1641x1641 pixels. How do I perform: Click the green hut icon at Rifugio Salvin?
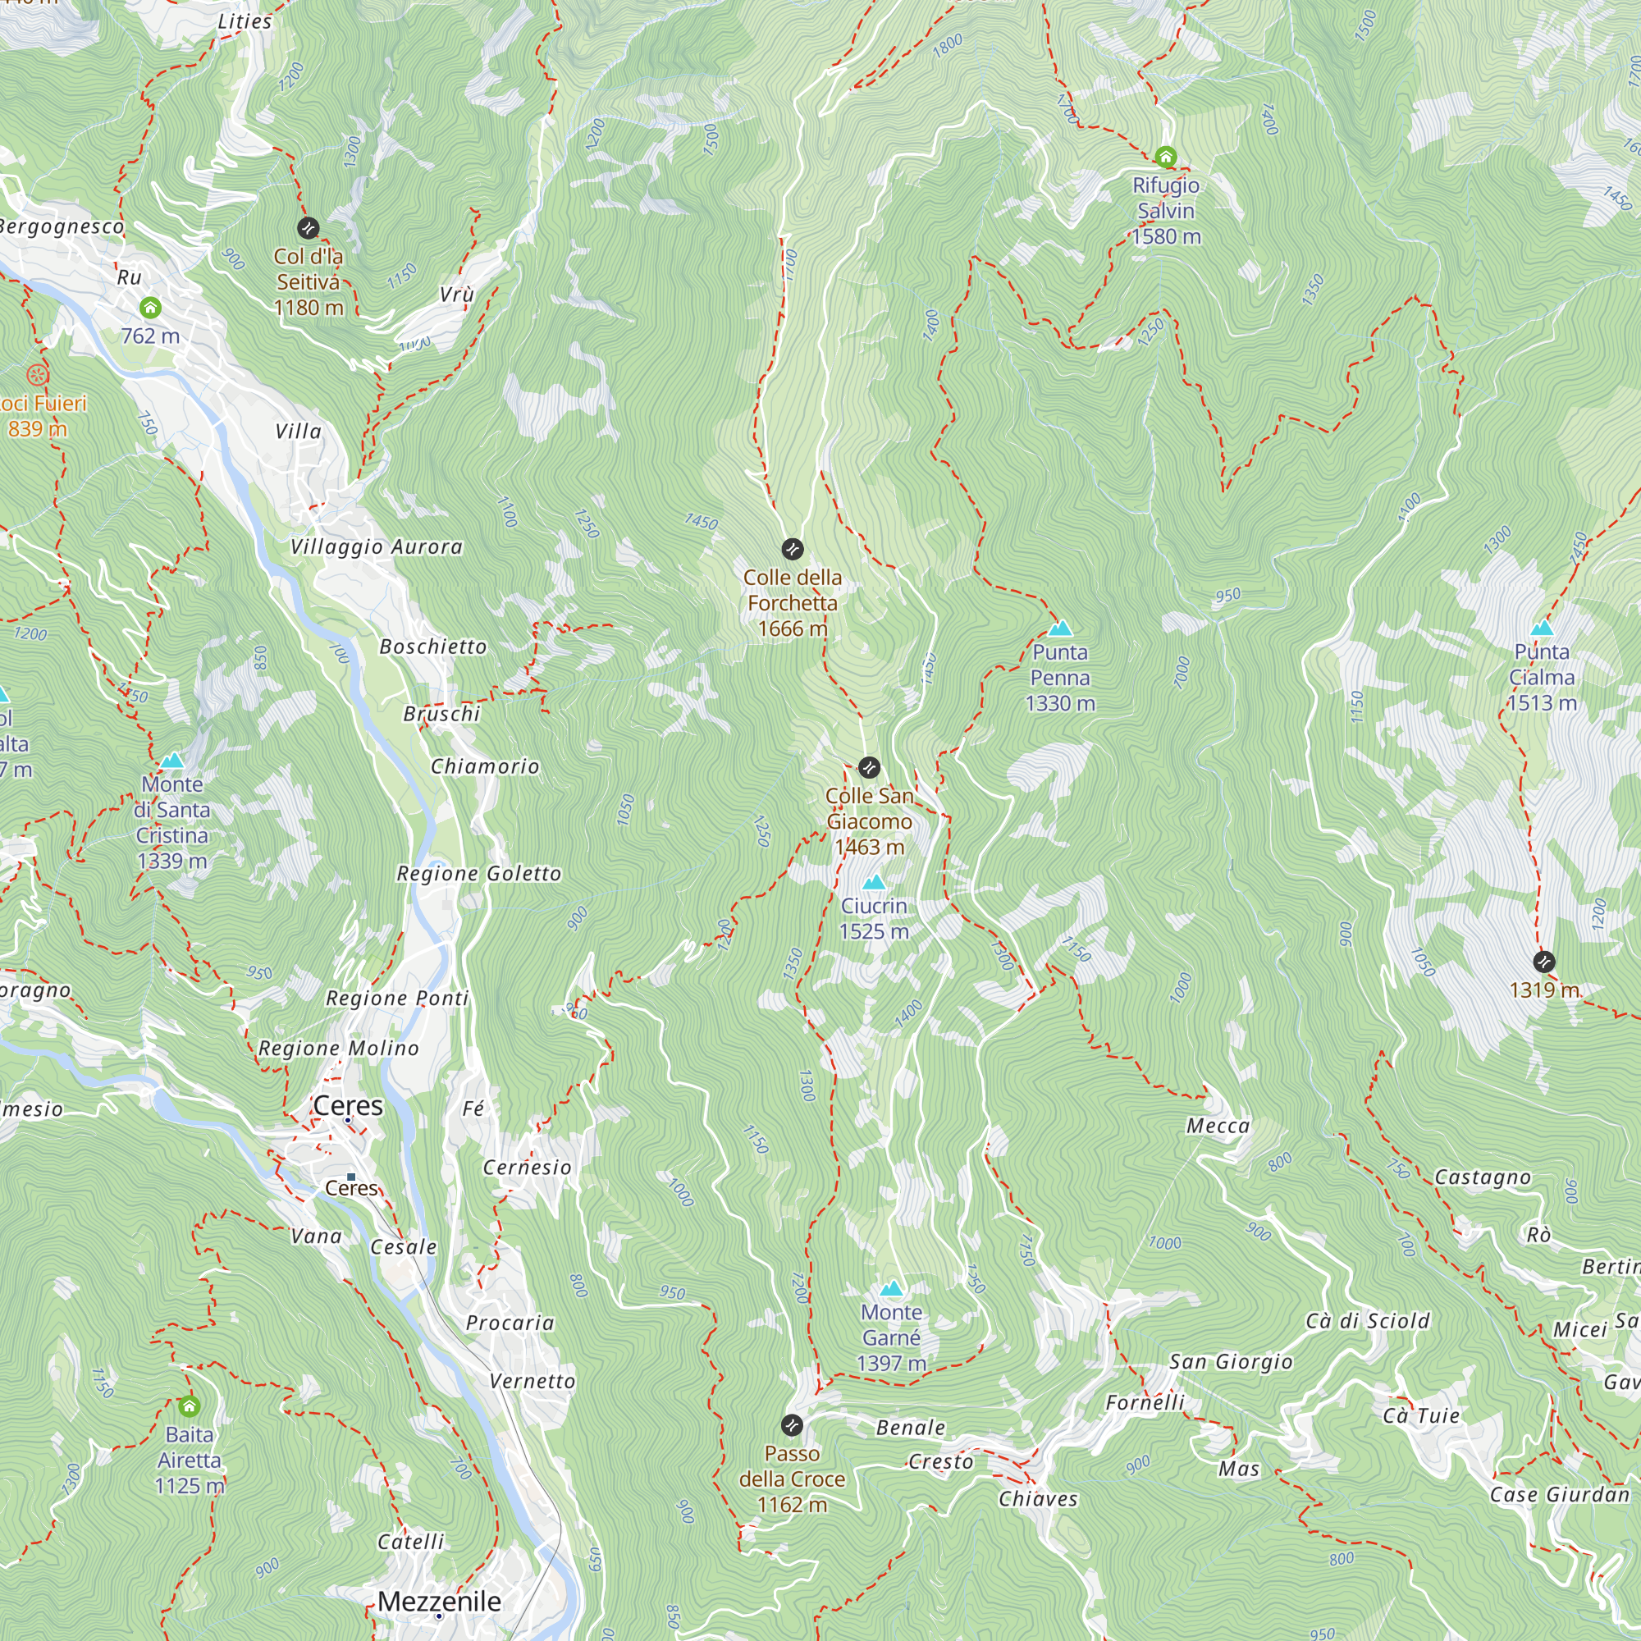coord(1165,156)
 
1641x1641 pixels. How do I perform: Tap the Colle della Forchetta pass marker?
coord(792,549)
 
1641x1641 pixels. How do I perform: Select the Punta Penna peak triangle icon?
coord(1059,629)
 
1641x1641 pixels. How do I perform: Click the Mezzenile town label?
coord(439,1601)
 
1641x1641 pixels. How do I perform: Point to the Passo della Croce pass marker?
coord(791,1424)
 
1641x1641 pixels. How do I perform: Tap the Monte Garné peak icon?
coord(891,1288)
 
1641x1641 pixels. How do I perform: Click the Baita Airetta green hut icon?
coord(190,1406)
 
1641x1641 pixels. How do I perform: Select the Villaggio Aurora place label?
coord(377,547)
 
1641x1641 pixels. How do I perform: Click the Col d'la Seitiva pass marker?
coord(308,227)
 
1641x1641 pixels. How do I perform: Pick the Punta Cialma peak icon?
coord(1542,629)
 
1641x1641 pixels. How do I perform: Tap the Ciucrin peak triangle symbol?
coord(873,883)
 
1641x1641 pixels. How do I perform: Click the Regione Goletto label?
coord(479,874)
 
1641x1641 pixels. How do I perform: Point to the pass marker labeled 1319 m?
coord(1544,962)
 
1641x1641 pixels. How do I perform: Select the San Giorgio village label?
coord(1231,1362)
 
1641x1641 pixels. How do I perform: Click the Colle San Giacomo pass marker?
coord(869,768)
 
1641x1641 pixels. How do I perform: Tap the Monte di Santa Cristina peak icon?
coord(172,761)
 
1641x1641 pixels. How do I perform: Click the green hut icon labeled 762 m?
coord(150,308)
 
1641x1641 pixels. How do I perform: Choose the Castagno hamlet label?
coord(1482,1177)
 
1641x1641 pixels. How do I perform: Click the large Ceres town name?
coord(347,1106)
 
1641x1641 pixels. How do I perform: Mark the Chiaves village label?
coord(1038,1499)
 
